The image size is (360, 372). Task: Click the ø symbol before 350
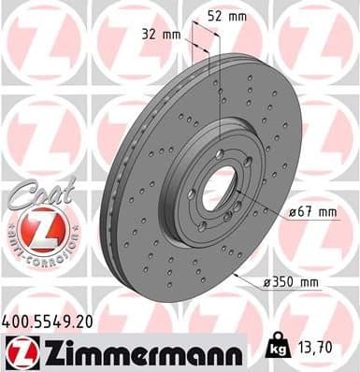(268, 281)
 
